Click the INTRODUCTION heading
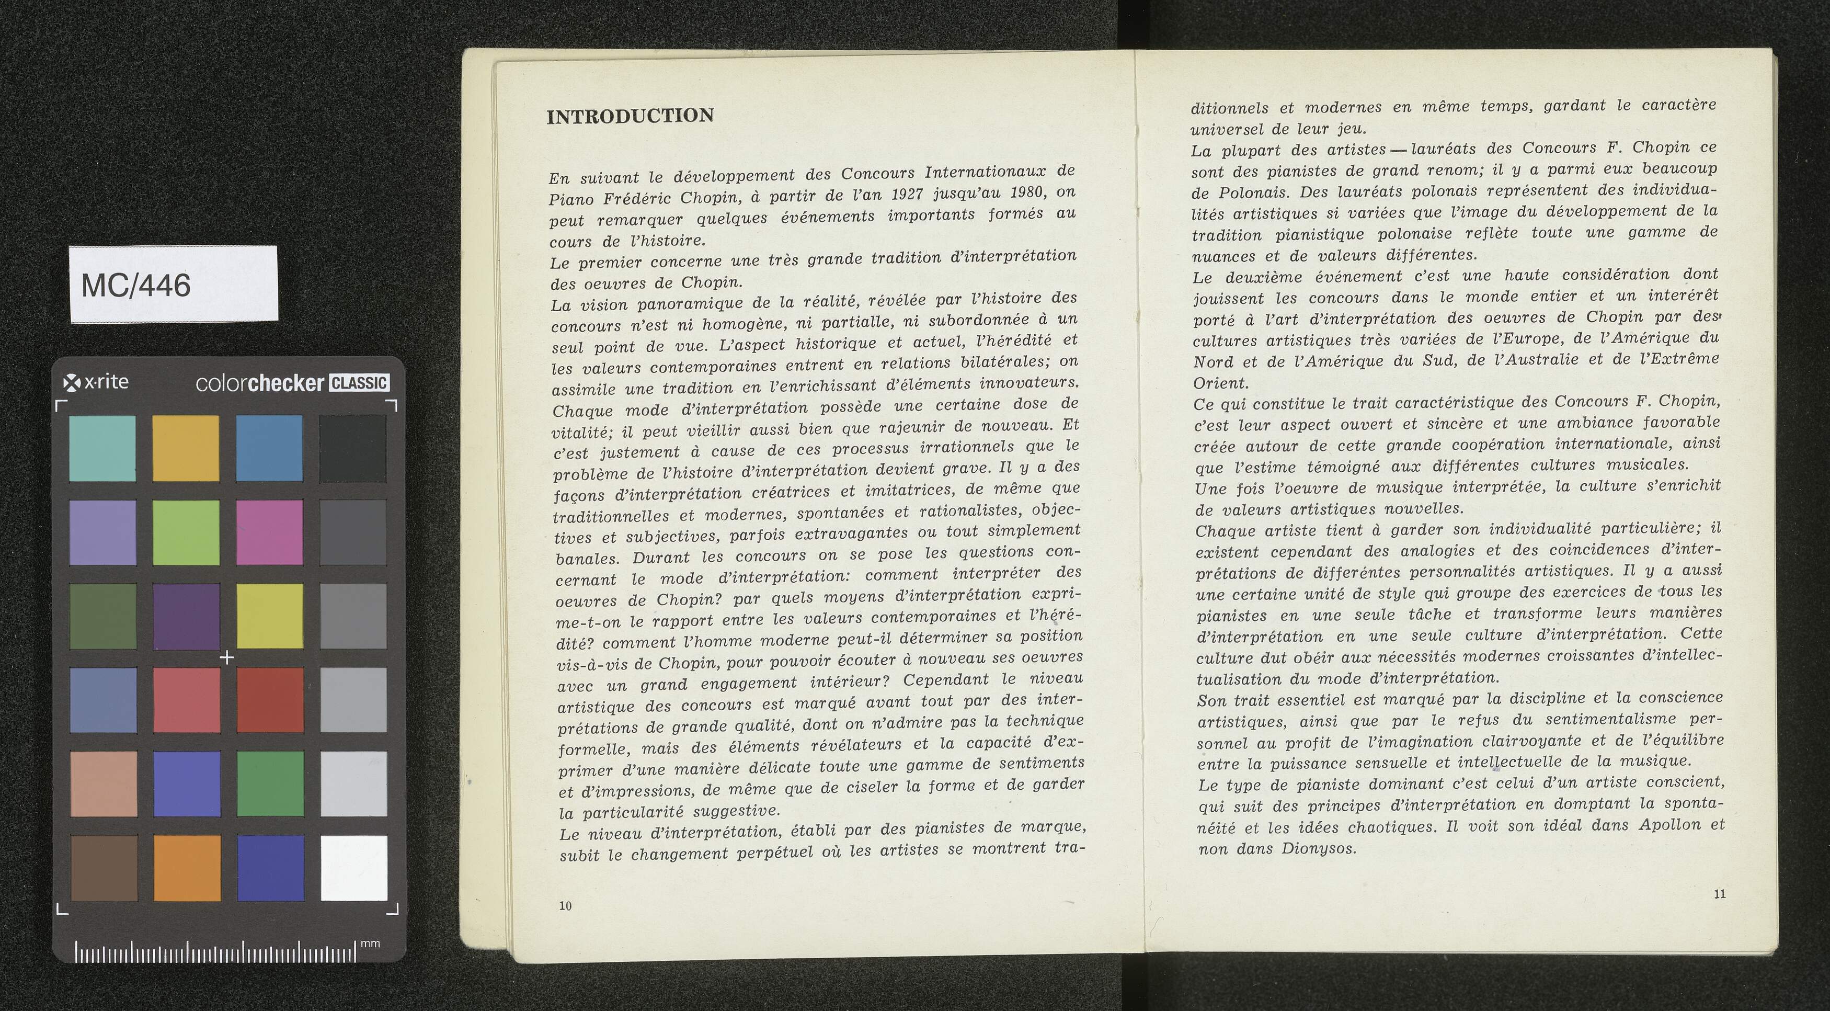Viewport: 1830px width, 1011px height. [630, 116]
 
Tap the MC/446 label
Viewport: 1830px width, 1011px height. [136, 286]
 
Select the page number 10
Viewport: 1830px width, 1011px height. [566, 905]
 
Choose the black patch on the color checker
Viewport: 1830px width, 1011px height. [353, 448]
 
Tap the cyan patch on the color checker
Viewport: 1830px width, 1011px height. [102, 448]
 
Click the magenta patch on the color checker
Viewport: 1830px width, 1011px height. [269, 531]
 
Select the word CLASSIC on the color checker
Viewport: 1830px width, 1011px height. [360, 383]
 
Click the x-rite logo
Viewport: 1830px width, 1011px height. [96, 382]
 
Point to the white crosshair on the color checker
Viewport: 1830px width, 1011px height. [226, 657]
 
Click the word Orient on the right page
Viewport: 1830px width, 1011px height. [1220, 382]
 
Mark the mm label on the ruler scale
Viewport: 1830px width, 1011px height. [370, 944]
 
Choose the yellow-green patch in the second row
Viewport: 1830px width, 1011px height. [186, 531]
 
